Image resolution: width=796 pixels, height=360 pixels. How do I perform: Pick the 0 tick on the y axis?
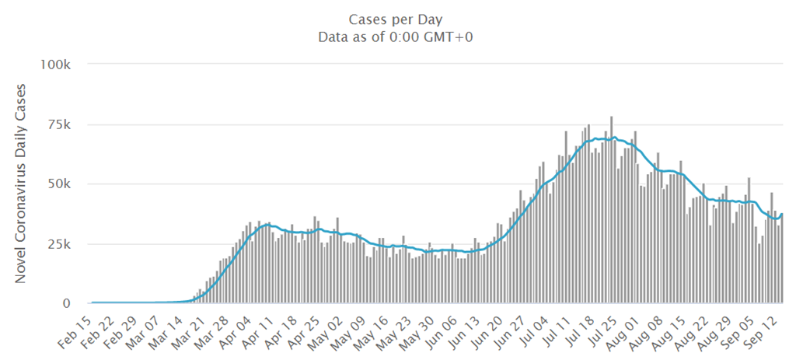[x=68, y=303]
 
